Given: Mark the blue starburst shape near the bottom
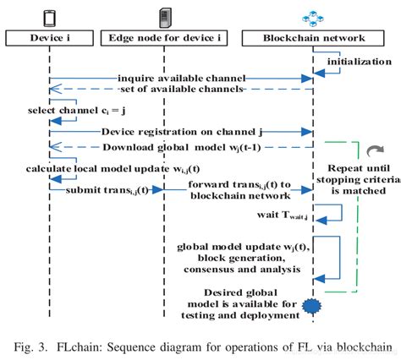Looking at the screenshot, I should point(314,303).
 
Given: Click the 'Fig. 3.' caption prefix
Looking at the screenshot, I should point(32,345).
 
